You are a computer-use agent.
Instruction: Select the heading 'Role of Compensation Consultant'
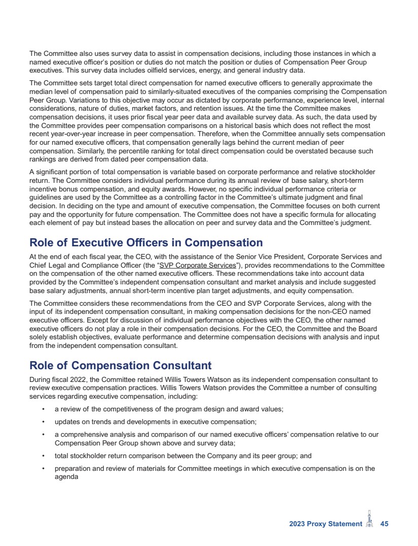click(x=120, y=365)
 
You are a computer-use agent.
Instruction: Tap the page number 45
click(x=384, y=524)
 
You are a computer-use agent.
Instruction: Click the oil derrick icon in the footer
click(x=370, y=520)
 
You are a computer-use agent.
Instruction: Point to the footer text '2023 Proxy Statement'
click(x=323, y=524)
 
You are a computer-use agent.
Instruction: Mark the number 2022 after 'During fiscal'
click(x=77, y=379)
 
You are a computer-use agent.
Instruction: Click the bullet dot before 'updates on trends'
click(x=44, y=422)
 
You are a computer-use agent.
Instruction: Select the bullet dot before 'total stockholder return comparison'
click(x=44, y=456)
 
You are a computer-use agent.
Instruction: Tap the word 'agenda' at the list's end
click(x=66, y=477)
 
